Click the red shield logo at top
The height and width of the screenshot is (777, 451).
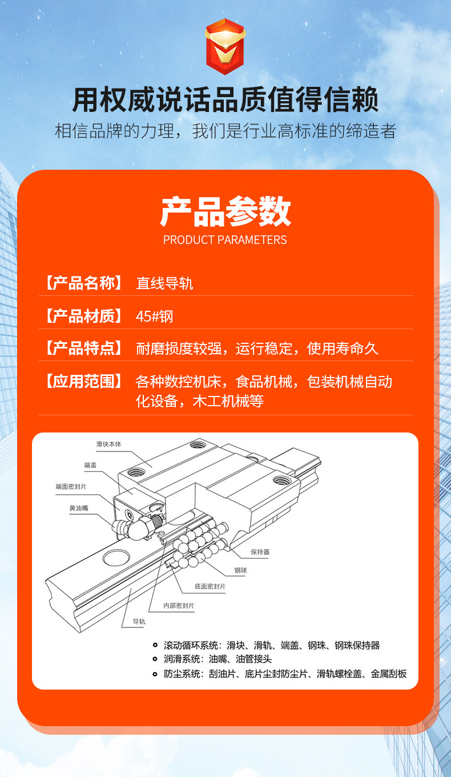(225, 46)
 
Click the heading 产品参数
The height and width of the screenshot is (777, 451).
(225, 212)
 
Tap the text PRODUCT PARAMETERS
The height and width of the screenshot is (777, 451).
(225, 240)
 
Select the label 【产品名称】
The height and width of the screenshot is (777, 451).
(83, 283)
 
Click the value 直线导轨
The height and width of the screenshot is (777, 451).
(164, 283)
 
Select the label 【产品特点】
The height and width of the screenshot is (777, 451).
(83, 348)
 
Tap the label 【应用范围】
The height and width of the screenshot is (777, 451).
(83, 381)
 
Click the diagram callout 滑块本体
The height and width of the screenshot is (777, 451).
(109, 444)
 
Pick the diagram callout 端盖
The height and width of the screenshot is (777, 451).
(90, 465)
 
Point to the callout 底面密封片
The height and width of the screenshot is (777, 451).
(210, 586)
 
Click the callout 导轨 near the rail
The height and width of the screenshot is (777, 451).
(139, 622)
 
